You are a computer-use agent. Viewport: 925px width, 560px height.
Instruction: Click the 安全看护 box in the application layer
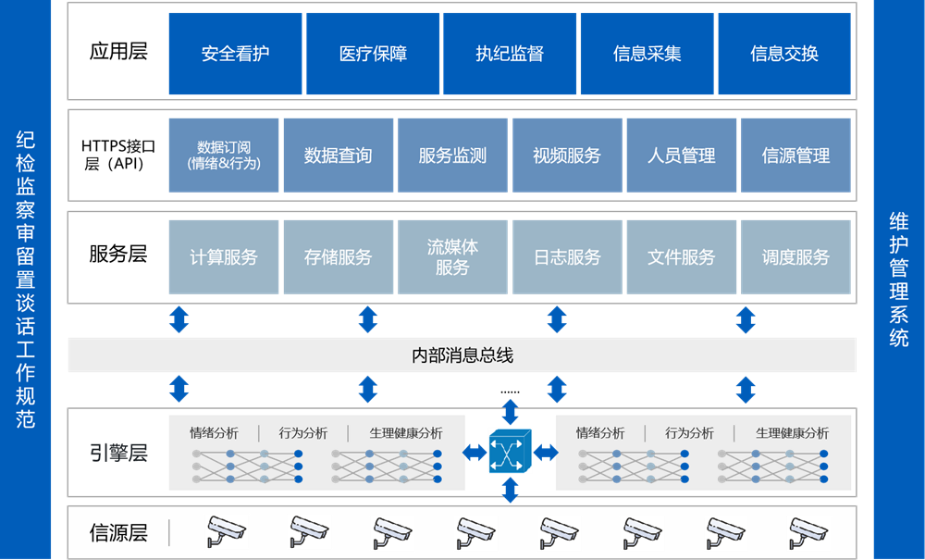click(235, 54)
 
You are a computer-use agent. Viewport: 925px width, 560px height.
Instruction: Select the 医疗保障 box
click(373, 54)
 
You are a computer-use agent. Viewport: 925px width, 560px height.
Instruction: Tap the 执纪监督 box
click(510, 54)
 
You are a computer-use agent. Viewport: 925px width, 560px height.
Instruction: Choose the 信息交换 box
click(784, 54)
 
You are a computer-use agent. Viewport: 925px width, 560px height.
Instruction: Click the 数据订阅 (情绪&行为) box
click(224, 156)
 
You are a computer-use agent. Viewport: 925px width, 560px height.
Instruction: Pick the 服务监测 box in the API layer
click(452, 156)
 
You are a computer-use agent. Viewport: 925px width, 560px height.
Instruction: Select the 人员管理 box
click(682, 156)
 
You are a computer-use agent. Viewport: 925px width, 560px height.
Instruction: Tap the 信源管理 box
click(795, 156)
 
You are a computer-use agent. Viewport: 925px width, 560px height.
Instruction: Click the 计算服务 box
click(224, 257)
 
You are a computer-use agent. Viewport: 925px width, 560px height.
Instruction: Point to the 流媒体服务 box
click(452, 257)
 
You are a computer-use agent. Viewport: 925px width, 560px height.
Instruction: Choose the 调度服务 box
click(795, 257)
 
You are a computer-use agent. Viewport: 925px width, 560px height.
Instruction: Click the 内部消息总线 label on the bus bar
click(462, 355)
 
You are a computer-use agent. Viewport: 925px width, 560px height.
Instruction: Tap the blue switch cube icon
click(511, 451)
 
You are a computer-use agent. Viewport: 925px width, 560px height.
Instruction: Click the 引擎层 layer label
click(118, 454)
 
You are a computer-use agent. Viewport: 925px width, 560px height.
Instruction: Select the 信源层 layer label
click(118, 533)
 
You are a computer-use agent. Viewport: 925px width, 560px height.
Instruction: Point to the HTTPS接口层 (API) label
click(118, 155)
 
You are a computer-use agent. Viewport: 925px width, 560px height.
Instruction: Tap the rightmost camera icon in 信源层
click(808, 531)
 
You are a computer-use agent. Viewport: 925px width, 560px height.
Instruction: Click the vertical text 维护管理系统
click(898, 280)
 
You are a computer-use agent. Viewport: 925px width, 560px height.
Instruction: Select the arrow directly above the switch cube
click(511, 413)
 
